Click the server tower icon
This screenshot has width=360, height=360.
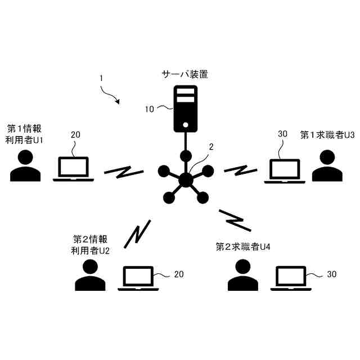pos(185,109)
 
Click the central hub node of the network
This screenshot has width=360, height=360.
pos(185,179)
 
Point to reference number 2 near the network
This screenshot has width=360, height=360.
pos(211,147)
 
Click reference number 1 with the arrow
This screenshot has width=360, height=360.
pos(101,79)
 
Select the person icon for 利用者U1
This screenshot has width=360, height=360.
pos(25,166)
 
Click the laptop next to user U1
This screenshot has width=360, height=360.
pos(74,169)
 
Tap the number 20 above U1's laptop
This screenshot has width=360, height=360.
pos(75,135)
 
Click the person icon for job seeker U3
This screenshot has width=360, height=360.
pos(327,166)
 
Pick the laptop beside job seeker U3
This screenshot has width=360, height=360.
pos(285,171)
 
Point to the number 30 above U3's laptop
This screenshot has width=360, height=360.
pos(283,134)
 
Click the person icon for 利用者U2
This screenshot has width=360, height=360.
pos(90,275)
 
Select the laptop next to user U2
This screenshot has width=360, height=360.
pos(138,278)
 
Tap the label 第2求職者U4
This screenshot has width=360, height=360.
pos(244,246)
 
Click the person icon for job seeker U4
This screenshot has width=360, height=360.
pos(243,275)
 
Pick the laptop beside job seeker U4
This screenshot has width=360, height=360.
pos(291,278)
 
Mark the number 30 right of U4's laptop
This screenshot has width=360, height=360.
pos(332,274)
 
